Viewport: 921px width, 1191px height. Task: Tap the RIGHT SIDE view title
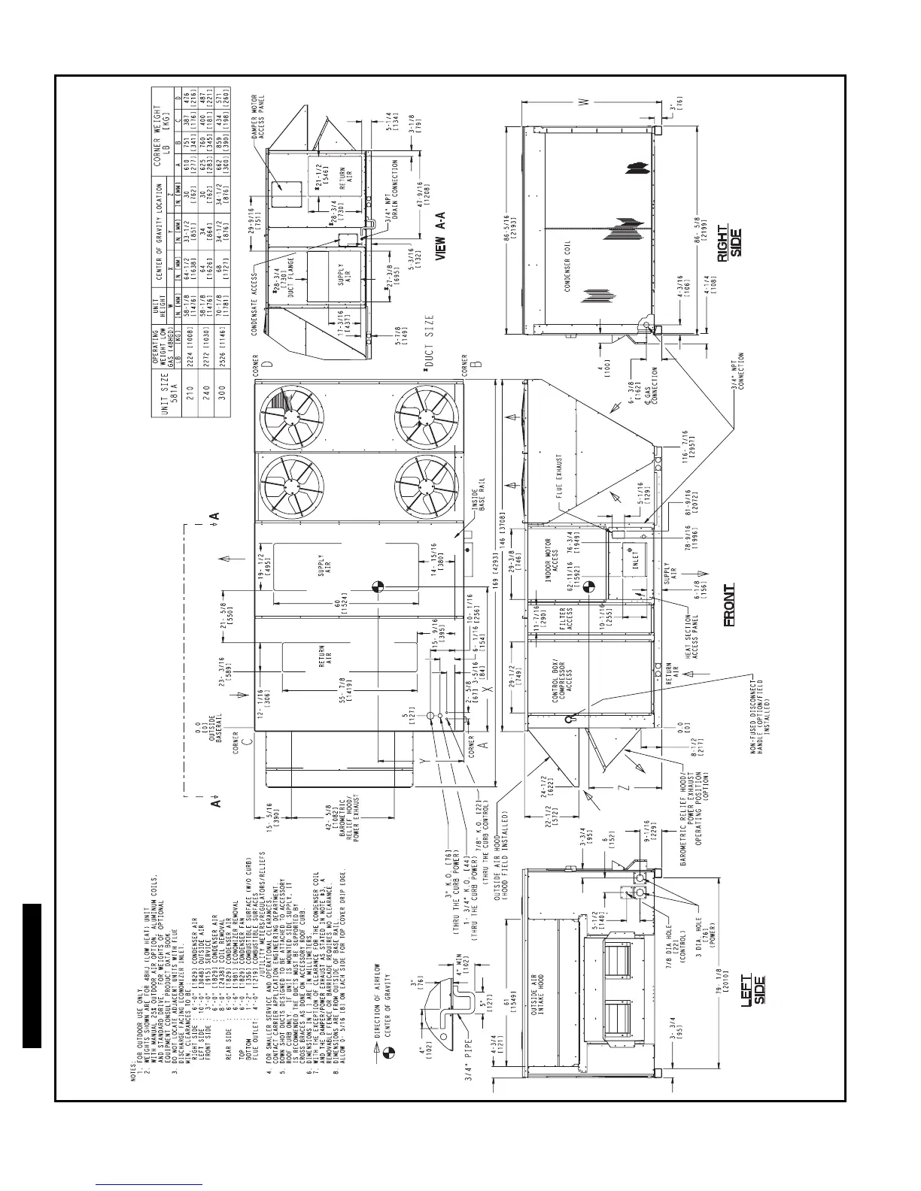[728, 241]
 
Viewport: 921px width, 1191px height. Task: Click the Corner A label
[471, 752]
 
